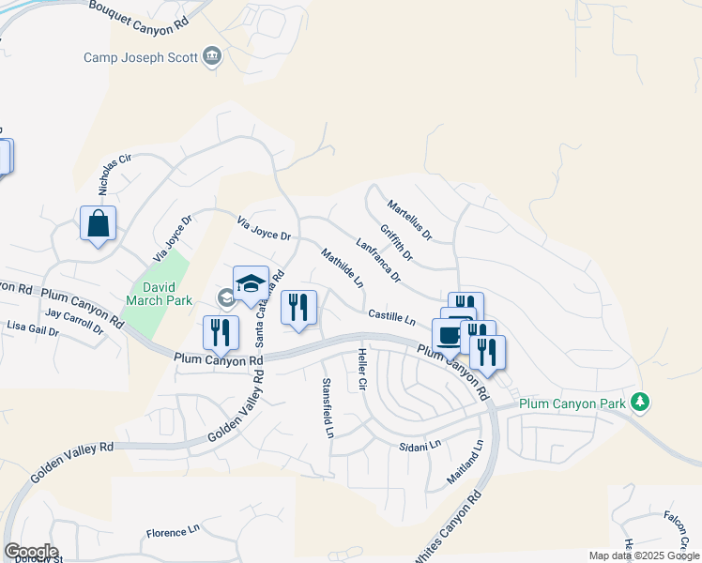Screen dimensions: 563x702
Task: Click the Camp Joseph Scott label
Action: [x=141, y=57]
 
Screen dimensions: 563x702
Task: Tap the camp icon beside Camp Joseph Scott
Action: [x=213, y=57]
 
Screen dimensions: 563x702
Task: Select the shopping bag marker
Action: [x=98, y=224]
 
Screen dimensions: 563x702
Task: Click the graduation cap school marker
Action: [x=251, y=284]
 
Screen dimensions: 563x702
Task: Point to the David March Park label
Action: [x=154, y=294]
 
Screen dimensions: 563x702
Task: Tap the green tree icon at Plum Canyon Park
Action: [x=641, y=402]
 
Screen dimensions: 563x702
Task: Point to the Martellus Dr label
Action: [x=408, y=218]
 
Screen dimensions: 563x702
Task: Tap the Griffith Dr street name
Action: [x=396, y=242]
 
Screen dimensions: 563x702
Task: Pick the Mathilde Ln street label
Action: [x=342, y=267]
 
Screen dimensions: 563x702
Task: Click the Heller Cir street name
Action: [x=361, y=370]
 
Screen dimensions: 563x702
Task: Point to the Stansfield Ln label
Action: [x=328, y=407]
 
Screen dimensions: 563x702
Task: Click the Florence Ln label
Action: [x=174, y=532]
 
